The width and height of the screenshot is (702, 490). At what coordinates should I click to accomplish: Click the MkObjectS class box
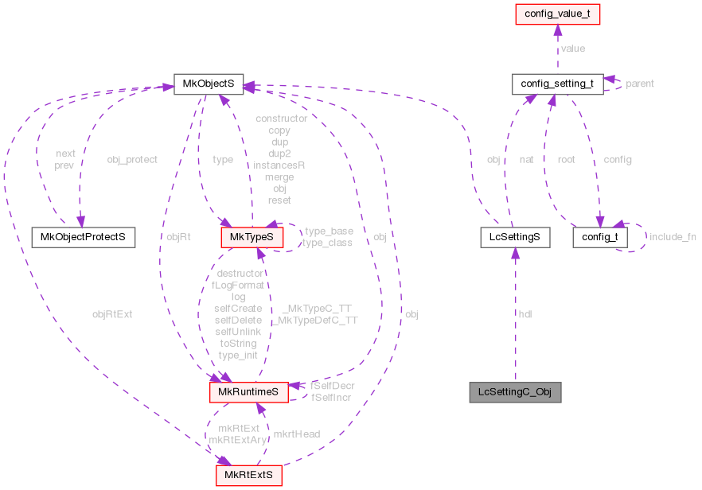209,84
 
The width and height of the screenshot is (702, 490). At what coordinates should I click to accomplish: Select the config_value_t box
556,14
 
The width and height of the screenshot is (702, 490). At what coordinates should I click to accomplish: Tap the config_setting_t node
556,84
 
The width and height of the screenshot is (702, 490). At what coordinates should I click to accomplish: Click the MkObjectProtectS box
83,236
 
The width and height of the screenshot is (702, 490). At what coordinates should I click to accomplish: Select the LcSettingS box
515,236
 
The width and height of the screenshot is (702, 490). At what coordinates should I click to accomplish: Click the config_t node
599,236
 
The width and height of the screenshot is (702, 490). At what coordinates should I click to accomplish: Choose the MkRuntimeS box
248,391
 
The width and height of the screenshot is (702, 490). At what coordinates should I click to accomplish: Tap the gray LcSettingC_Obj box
515,391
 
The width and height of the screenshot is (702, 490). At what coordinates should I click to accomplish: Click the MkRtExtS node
248,476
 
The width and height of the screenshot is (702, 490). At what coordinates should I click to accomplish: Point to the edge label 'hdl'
525,314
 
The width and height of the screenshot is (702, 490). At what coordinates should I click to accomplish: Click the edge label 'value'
572,49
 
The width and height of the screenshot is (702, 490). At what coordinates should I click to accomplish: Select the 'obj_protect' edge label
132,159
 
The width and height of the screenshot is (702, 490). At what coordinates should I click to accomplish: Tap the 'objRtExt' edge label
112,314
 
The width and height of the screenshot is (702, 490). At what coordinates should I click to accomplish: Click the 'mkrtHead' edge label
296,434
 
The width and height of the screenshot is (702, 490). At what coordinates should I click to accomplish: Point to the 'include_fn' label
672,236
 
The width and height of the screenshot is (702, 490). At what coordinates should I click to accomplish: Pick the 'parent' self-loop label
639,84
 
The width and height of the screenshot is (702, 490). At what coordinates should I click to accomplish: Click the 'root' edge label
566,159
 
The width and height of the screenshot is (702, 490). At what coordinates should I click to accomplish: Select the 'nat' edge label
525,159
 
